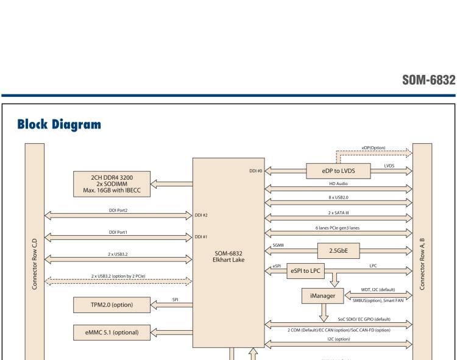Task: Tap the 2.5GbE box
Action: (338, 249)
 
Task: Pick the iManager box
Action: (322, 295)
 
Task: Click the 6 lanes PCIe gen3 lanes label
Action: (339, 228)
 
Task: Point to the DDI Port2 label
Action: (118, 211)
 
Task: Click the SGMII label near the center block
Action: (276, 243)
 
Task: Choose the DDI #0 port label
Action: (256, 171)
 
